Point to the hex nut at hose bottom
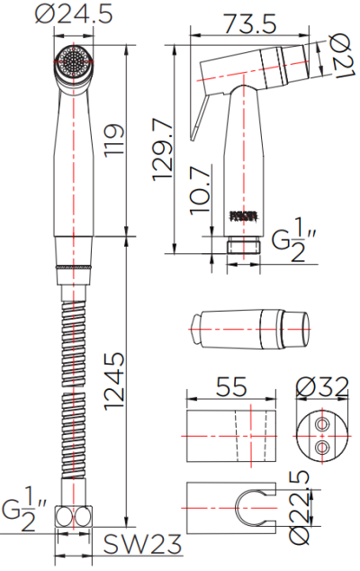coord(75,517)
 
